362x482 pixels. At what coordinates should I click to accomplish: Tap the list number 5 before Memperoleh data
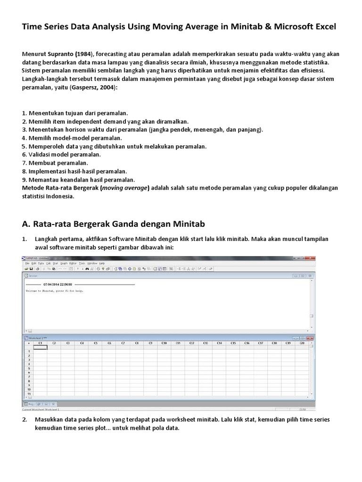pos(24,146)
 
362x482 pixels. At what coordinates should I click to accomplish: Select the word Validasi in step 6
pos(41,154)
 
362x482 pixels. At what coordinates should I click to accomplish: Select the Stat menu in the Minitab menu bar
pos(55,263)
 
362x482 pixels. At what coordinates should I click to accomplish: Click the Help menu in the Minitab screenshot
pos(102,263)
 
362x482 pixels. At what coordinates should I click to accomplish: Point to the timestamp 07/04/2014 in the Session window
pos(57,285)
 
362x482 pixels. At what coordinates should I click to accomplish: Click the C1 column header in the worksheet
pos(41,343)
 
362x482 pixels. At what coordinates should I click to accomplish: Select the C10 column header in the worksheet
pos(164,343)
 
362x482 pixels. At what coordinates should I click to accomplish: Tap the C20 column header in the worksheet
pos(302,343)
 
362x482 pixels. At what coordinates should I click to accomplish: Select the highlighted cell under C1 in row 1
pos(41,347)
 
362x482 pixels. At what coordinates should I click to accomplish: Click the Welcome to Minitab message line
pos(52,291)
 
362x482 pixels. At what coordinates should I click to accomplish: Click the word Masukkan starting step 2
pos(49,419)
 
